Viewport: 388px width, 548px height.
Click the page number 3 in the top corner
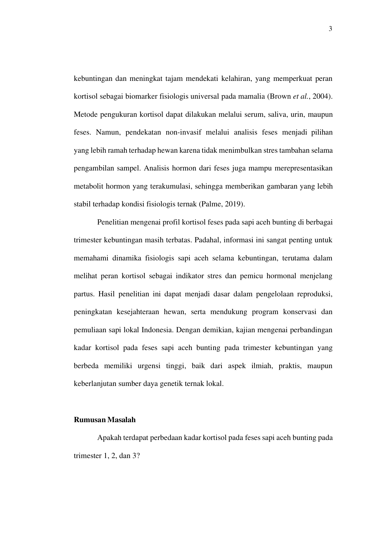pos(331,29)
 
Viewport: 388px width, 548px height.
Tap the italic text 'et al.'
pos(300,96)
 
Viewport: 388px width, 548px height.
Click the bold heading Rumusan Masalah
pos(105,420)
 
